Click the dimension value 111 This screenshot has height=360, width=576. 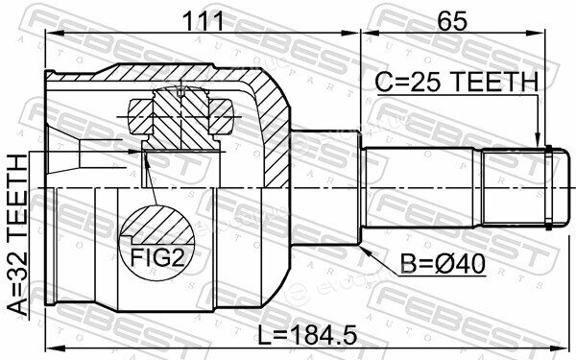pos(203,20)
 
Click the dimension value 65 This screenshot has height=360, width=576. pos(452,20)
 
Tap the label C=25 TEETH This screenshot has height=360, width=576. pos(457,82)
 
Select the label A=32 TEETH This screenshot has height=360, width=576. pos(17,235)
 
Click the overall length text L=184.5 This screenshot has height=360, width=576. pos(307,335)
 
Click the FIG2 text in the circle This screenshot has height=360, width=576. pos(156,257)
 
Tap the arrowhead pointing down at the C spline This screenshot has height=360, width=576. pos(538,141)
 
